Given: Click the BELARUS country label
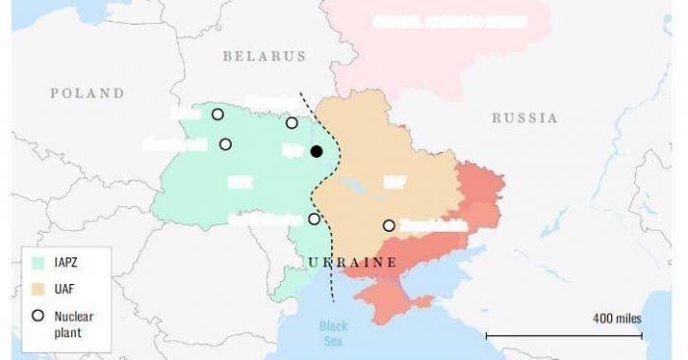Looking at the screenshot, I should pos(264,57).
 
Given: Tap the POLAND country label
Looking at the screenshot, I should pos(88,94).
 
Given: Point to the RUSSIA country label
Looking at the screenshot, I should pos(523,118).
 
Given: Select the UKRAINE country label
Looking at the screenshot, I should pos(352,262).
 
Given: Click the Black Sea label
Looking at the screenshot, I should pos(334,333).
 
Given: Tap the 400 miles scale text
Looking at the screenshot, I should pos(616,318).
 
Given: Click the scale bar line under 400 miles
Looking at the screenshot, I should pos(564,335).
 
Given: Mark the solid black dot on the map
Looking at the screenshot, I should pos(316,151).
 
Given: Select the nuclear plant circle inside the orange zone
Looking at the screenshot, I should pos(389,226).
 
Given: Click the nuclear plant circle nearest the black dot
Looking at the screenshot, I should pos(292,122).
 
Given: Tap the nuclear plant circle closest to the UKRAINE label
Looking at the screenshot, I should pos(314,219).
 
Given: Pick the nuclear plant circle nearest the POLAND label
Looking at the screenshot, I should pos(218,114).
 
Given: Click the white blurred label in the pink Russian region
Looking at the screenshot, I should pos(448,22).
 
